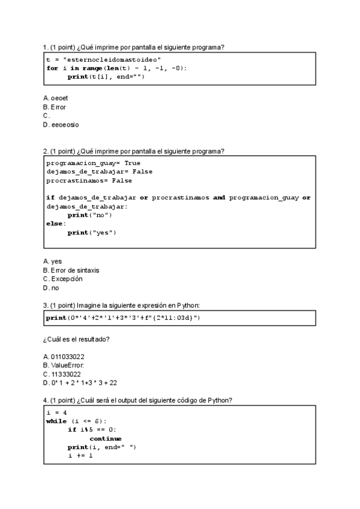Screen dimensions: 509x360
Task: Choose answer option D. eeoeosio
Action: click(61, 125)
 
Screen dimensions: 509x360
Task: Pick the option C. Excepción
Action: click(63, 279)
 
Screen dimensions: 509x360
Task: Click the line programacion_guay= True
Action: click(93, 163)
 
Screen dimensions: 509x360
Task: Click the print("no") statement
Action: click(89, 215)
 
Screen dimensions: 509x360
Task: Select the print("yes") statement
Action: click(91, 232)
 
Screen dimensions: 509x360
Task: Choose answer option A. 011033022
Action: click(64, 357)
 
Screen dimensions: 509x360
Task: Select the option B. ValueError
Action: click(64, 365)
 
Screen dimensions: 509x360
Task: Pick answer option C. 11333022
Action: click(62, 374)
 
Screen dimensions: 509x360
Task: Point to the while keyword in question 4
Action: click(56, 421)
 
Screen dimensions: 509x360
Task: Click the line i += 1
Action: click(80, 456)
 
